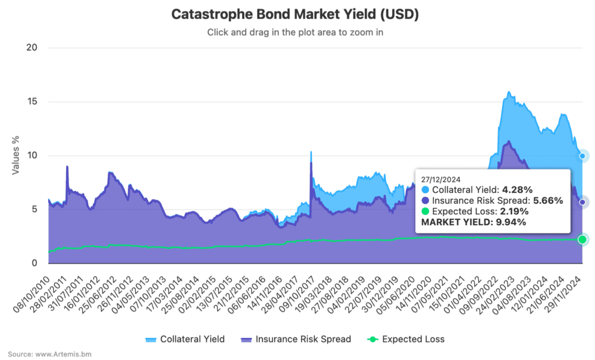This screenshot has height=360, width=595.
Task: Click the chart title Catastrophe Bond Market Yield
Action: click(295, 15)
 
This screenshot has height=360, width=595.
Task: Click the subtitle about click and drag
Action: click(295, 33)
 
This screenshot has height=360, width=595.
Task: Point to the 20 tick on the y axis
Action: click(32, 48)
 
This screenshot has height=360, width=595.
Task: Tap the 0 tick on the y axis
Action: click(35, 263)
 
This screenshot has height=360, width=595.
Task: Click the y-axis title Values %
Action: click(16, 155)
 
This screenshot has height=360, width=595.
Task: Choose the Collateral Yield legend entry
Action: click(185, 339)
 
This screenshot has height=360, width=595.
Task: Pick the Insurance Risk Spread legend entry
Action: click(295, 339)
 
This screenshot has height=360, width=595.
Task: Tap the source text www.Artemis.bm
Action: click(49, 354)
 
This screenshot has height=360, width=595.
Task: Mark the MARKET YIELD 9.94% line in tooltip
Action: click(474, 222)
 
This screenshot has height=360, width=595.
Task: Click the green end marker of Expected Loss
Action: click(582, 240)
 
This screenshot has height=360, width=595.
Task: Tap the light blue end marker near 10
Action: click(582, 156)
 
